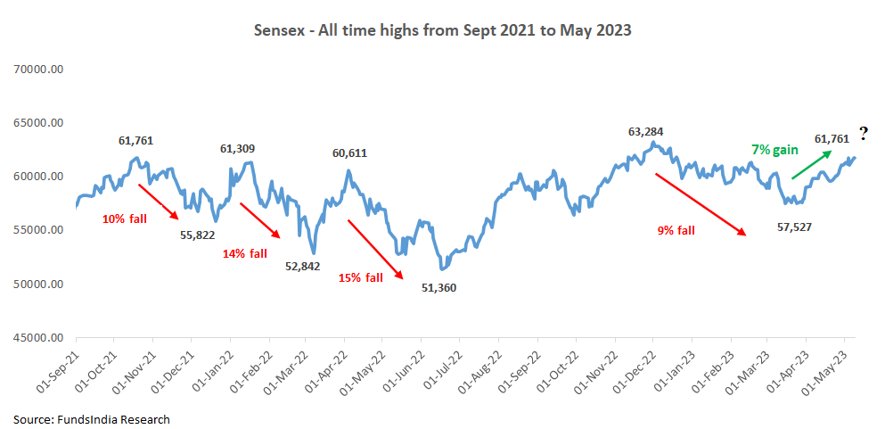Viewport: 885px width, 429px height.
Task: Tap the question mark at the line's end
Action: coord(863,135)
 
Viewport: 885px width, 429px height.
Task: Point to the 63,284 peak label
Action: coord(646,131)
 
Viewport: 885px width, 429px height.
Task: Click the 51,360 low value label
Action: coord(438,289)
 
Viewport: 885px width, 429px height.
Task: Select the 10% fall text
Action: coord(124,218)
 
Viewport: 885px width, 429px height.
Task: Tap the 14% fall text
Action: coord(244,253)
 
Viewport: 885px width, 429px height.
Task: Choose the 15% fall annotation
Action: coord(360,277)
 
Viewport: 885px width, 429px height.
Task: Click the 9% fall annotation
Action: coord(676,230)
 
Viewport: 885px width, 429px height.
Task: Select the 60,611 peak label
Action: coord(350,153)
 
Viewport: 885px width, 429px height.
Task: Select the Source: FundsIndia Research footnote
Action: coord(91,418)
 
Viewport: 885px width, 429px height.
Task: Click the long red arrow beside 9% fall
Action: coord(701,204)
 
